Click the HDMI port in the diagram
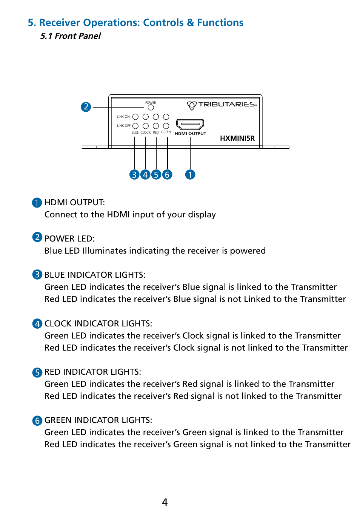click(190, 124)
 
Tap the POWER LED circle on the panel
click(151, 108)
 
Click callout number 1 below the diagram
click(190, 174)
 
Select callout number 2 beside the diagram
click(86, 107)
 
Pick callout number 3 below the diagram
click(134, 174)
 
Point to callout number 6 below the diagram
click(167, 174)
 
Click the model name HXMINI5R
click(237, 138)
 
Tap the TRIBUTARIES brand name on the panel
click(227, 105)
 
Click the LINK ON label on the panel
click(123, 117)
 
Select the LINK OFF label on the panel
click(123, 126)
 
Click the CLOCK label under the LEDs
click(145, 132)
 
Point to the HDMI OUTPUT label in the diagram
click(190, 134)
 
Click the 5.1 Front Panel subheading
click(71, 36)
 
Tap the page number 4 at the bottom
click(165, 502)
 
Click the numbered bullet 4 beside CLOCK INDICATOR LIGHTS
click(37, 324)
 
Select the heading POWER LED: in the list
click(69, 239)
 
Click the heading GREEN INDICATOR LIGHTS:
click(98, 420)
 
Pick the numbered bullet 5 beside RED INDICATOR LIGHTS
click(37, 372)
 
